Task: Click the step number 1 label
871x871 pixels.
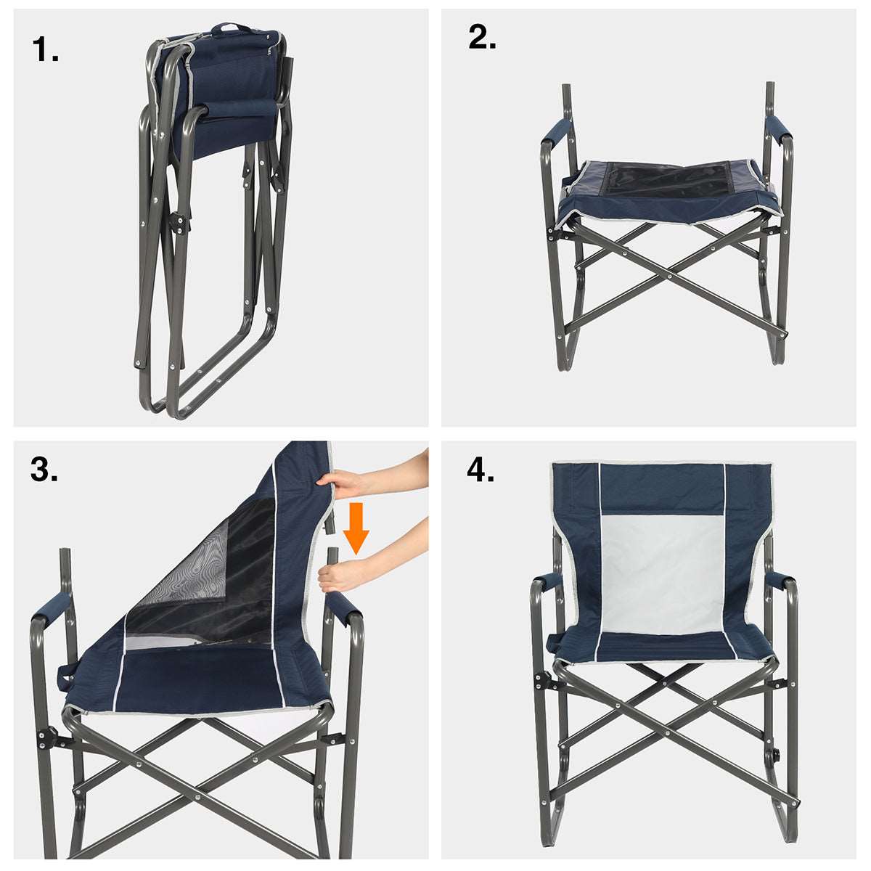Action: point(45,49)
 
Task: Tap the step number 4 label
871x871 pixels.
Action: point(481,470)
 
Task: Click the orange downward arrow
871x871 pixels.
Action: point(356,528)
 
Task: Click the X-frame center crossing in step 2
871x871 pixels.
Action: point(669,274)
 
